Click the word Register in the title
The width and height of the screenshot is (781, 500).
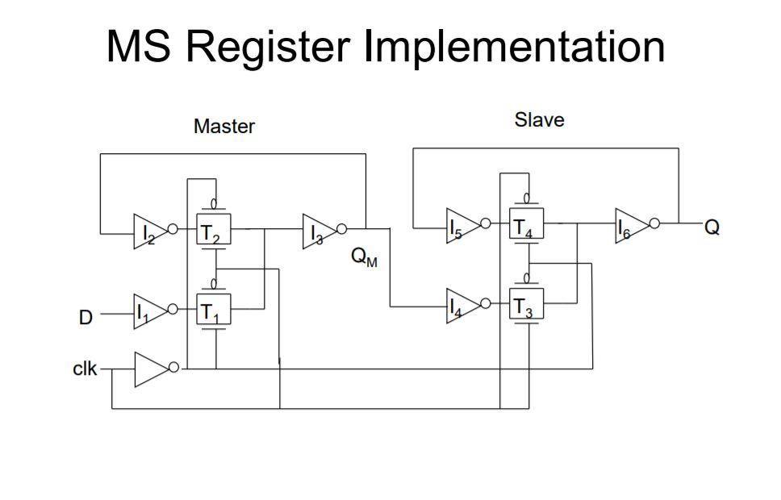click(x=270, y=47)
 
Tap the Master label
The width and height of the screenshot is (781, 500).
click(x=223, y=127)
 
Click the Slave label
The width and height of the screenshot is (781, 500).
click(x=539, y=120)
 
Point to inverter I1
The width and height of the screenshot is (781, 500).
click(x=150, y=310)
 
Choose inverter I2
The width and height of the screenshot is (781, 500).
click(x=151, y=233)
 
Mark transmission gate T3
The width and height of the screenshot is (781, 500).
click(x=527, y=308)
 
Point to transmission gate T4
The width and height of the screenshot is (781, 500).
click(x=527, y=226)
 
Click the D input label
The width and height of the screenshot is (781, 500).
click(x=85, y=318)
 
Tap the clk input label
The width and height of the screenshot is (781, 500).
click(x=85, y=369)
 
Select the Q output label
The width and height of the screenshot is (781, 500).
click(x=712, y=227)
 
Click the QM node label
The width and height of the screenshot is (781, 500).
click(x=364, y=259)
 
